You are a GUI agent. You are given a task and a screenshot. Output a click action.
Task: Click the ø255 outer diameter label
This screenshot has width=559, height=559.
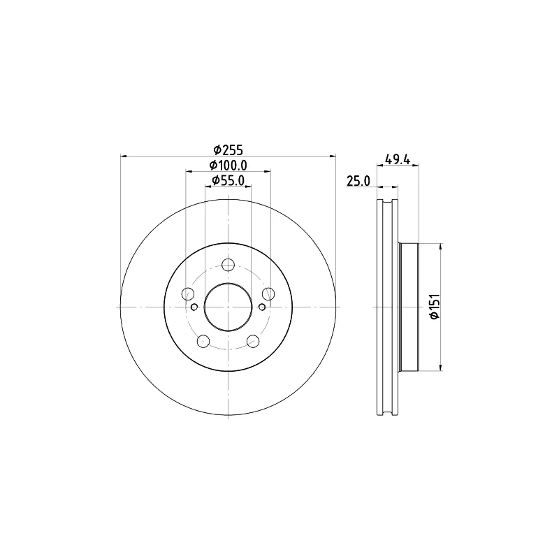[x=228, y=150]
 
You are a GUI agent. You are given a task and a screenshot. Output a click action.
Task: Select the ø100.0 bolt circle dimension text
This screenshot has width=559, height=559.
[x=228, y=166]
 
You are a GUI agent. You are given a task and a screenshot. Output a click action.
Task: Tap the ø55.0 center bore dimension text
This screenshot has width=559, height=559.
[x=228, y=181]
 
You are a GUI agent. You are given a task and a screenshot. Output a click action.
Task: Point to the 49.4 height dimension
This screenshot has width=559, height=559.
[x=397, y=159]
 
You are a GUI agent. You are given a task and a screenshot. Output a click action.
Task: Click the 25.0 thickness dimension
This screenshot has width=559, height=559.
[x=358, y=181]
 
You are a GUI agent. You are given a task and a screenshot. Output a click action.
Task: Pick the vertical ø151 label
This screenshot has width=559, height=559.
[x=435, y=307]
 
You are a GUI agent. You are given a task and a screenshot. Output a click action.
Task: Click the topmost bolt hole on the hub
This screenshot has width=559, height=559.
[x=228, y=265]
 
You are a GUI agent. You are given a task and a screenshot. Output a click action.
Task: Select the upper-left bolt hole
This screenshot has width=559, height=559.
[x=188, y=293]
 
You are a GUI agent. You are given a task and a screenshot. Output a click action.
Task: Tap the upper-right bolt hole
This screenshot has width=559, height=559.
[x=268, y=293]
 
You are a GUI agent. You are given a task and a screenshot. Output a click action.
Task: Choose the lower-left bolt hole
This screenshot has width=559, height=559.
[x=203, y=341]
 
